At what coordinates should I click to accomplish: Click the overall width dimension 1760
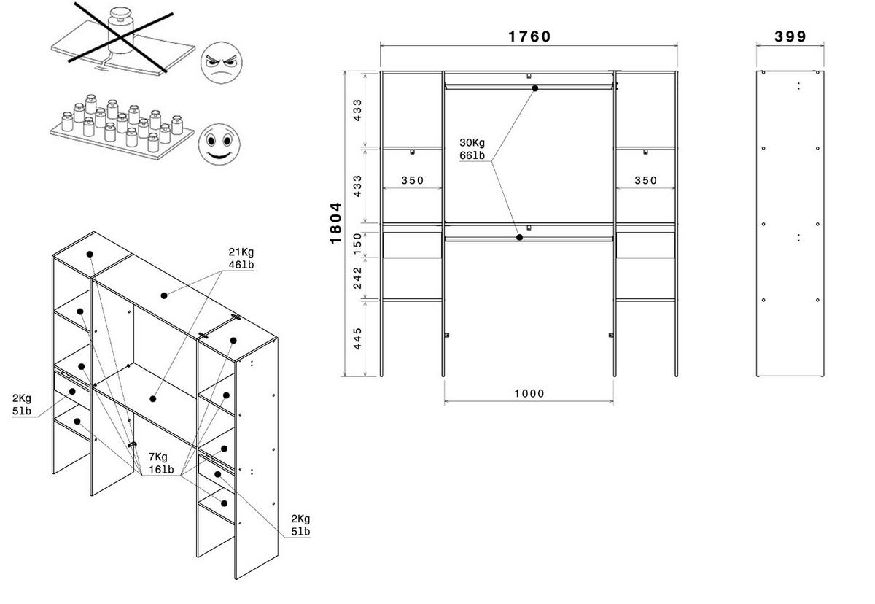point(529,36)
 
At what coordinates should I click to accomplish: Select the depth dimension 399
point(790,36)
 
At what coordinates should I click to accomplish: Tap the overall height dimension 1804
point(335,223)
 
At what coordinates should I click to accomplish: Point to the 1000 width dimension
point(529,393)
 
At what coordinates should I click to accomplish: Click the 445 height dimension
point(357,338)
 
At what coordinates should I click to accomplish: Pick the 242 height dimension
point(357,278)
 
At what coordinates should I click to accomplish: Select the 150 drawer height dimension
point(357,244)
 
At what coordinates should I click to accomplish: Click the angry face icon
point(221,63)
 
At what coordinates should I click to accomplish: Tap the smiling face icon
point(219,144)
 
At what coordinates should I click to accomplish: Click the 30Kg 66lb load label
point(472,149)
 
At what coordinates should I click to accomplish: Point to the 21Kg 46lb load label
point(241,258)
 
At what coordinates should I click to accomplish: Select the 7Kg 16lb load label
point(161,463)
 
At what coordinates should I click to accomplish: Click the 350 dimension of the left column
point(412,180)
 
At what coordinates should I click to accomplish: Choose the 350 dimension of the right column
point(645,180)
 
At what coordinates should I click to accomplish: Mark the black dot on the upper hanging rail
point(535,88)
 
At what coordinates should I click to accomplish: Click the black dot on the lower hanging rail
point(519,238)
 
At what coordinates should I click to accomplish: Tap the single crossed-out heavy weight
point(120,31)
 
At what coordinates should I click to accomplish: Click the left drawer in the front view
point(412,245)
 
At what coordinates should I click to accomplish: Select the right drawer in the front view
point(645,245)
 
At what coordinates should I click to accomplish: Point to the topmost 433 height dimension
point(357,110)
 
